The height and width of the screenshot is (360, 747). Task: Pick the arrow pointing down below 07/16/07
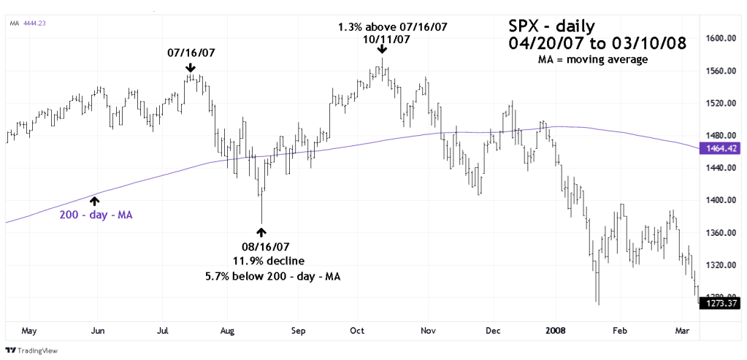[191, 68]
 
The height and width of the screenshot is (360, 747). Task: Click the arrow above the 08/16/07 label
[261, 233]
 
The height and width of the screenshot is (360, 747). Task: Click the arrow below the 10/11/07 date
[382, 50]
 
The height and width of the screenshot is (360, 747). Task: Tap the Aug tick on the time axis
[228, 330]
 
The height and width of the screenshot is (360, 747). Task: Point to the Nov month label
[428, 330]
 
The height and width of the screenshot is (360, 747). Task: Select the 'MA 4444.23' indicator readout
[25, 23]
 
